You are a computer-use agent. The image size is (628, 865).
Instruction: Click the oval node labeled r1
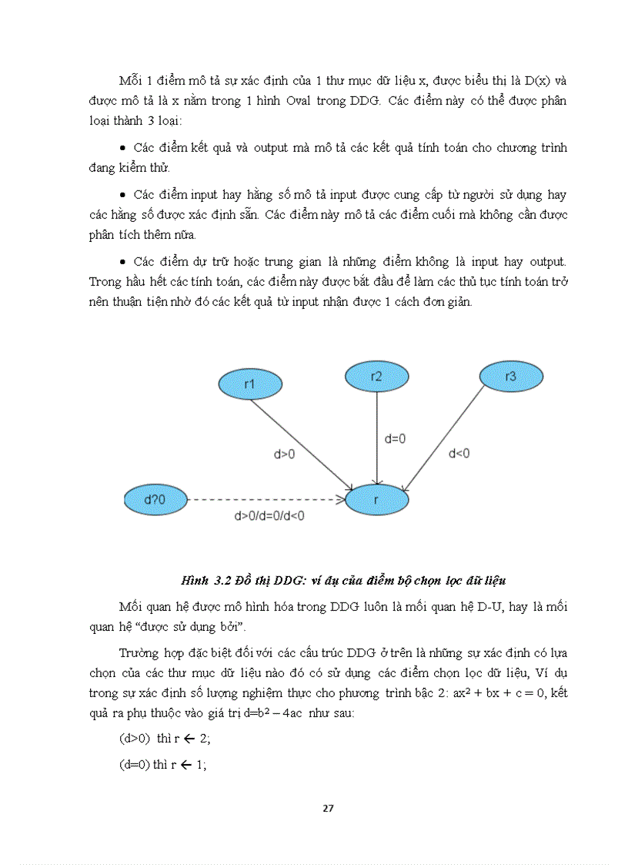pos(250,384)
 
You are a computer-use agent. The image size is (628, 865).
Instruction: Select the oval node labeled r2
pos(376,377)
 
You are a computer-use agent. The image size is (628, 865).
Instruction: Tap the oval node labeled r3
pos(510,377)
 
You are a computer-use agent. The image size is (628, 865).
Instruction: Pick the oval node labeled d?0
pos(155,501)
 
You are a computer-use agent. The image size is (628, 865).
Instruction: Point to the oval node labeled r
pos(376,501)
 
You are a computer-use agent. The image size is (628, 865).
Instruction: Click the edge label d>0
pos(285,454)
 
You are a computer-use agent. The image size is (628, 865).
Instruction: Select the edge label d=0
pos(395,438)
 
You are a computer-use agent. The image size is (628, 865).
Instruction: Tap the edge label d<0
pos(459,453)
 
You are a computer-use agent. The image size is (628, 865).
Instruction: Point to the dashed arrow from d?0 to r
pos(262,501)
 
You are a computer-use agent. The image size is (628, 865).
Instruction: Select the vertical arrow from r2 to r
pos(376,439)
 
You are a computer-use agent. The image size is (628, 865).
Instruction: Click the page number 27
pos(328,808)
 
